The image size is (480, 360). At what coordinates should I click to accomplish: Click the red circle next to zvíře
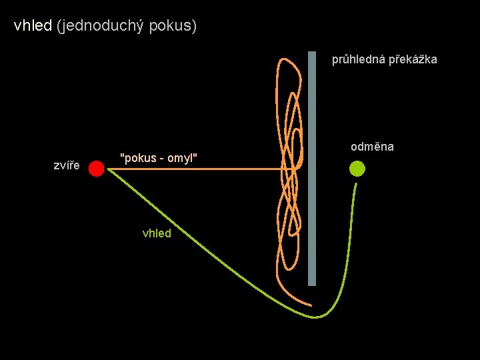click(97, 169)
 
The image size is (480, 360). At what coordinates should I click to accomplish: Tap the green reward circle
click(357, 169)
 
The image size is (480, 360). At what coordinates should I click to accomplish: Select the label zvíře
click(67, 165)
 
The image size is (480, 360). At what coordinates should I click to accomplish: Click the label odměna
click(372, 147)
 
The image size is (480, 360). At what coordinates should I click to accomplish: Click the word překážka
click(413, 59)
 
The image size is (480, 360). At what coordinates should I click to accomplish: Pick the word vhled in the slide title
click(33, 27)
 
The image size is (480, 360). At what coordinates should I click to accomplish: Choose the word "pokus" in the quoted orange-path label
click(136, 157)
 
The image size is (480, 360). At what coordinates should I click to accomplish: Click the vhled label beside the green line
click(157, 233)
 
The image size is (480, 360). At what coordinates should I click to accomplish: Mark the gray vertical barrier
click(312, 167)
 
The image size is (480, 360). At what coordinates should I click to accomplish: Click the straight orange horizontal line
click(200, 169)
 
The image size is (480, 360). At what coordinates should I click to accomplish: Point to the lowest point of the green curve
click(319, 316)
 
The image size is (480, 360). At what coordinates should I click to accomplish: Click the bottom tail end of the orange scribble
click(310, 305)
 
